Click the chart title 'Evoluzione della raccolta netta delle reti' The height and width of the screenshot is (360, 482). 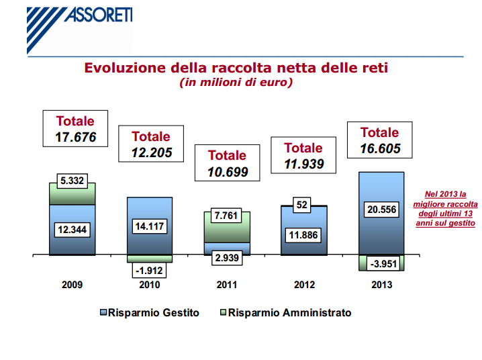click(x=236, y=68)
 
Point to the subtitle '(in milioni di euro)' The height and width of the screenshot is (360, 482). click(x=236, y=83)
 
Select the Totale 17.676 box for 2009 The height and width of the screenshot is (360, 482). click(x=75, y=130)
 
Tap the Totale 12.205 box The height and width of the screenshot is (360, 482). click(x=151, y=144)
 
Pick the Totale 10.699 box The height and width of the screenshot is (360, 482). click(x=227, y=163)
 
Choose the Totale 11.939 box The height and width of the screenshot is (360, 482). click(x=303, y=156)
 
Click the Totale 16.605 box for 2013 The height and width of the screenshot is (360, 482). click(x=379, y=140)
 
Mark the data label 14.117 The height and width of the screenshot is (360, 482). click(x=150, y=226)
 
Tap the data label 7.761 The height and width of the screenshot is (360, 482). click(x=226, y=216)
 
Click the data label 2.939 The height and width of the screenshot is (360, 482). click(x=226, y=258)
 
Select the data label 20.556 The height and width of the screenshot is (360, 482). click(x=380, y=210)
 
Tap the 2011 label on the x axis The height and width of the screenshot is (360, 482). click(x=227, y=285)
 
